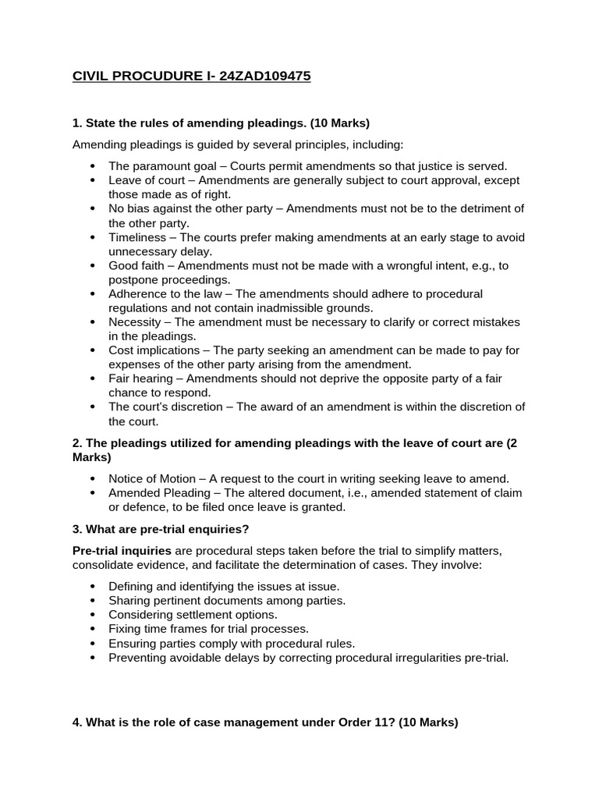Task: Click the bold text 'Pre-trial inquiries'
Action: tap(122, 550)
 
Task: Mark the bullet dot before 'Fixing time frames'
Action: tap(93, 629)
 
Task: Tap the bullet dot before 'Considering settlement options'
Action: tap(93, 615)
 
